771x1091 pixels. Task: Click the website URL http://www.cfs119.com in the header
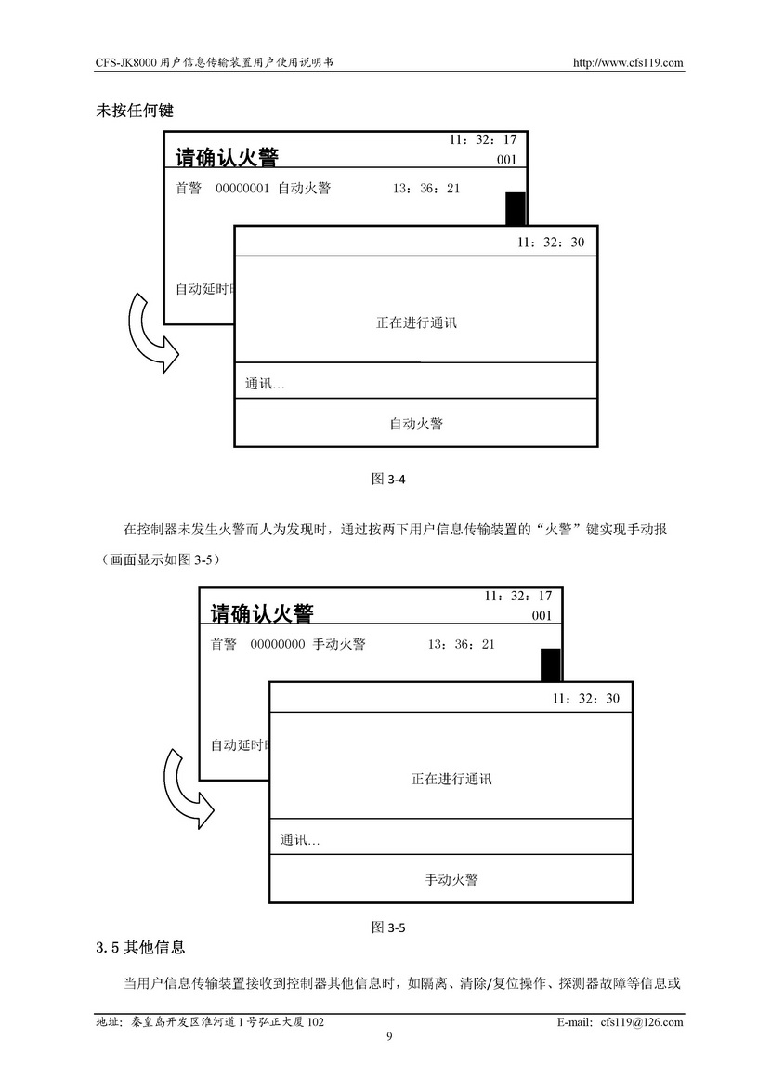coord(629,63)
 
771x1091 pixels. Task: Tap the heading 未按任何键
coord(135,110)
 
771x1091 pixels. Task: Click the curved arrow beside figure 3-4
coord(149,334)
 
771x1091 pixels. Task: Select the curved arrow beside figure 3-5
coord(185,789)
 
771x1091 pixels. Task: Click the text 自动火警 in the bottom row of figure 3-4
coord(415,424)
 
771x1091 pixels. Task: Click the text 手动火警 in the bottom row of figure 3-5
coord(451,879)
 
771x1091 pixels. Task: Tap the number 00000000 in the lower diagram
coord(277,644)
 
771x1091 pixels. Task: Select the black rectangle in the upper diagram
coord(516,208)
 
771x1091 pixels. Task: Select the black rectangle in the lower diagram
coord(551,664)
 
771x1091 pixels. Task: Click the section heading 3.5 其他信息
coord(140,949)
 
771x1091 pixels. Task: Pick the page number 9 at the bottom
coord(389,1037)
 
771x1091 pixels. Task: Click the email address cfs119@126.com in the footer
coord(641,1022)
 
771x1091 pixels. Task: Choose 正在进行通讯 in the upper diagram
coord(416,323)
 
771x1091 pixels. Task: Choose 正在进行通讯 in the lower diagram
coord(451,779)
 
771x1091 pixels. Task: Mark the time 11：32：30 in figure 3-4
coord(552,243)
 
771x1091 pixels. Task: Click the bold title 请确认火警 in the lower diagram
coord(262,614)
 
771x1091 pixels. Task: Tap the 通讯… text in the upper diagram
coord(265,384)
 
